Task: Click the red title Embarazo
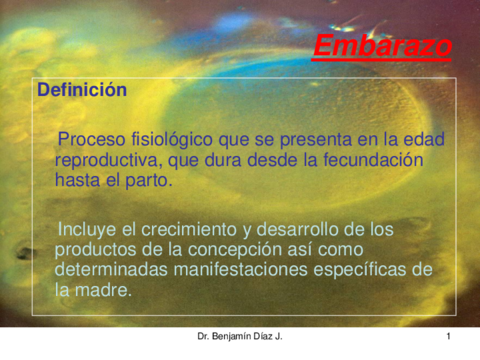pos(381,46)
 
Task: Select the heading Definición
pos(82,90)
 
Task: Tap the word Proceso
pos(92,139)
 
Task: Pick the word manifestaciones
pos(258,270)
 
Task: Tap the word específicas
pos(377,270)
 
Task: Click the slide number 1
pos(450,337)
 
